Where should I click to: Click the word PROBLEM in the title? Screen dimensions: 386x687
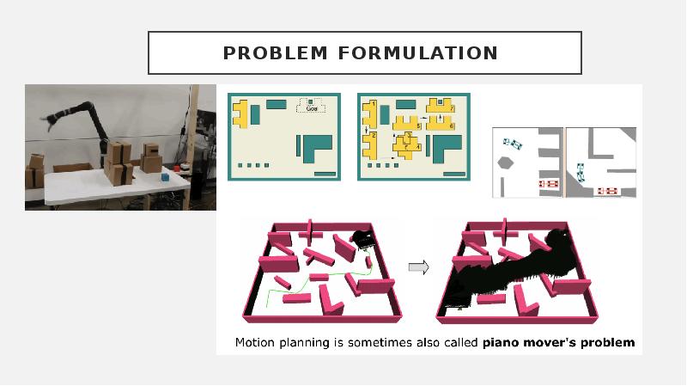(276, 53)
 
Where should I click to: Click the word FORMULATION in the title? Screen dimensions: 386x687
(418, 53)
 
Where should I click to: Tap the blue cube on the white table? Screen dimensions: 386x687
(165, 176)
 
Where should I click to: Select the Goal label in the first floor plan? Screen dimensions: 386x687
(311, 107)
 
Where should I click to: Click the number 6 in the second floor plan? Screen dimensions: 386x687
(452, 126)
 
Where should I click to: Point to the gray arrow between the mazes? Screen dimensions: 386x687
(418, 267)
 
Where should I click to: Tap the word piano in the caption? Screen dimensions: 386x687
(500, 343)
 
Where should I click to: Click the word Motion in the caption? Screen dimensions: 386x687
(256, 343)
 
